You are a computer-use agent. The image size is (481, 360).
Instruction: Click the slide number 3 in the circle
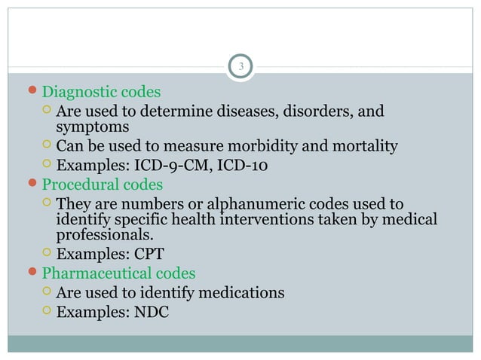tap(240, 67)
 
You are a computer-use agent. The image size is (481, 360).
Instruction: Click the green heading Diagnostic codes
tap(101, 93)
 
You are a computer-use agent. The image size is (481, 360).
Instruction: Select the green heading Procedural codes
tap(102, 185)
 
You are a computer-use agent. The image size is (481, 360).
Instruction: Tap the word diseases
tap(235, 112)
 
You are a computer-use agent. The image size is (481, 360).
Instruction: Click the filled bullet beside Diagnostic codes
tap(33, 93)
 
